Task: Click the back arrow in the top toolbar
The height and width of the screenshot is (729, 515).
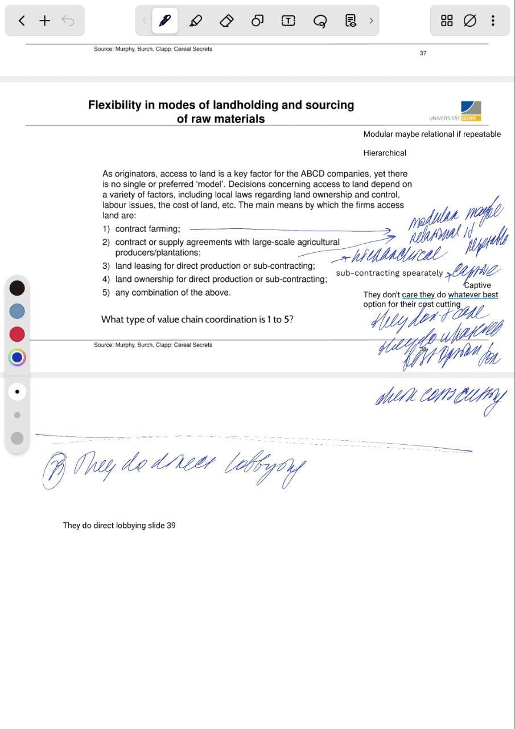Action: [22, 21]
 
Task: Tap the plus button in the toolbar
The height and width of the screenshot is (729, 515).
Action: [45, 21]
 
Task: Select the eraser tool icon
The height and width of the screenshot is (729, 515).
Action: [226, 21]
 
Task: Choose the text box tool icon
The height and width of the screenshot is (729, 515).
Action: [289, 21]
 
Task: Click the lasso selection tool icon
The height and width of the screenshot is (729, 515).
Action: [320, 21]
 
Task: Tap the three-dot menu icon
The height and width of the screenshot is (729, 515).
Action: [493, 21]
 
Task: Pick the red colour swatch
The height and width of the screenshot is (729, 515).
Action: [17, 334]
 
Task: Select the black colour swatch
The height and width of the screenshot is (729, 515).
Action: [17, 288]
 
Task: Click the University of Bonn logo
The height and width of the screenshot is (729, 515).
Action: [471, 110]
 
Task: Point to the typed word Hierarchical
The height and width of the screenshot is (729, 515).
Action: [385, 153]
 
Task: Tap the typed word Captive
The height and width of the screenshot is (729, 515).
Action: [477, 285]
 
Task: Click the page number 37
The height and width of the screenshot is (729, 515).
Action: [423, 53]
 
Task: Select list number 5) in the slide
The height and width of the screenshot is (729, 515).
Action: [106, 293]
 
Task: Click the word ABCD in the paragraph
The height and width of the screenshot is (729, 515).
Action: [312, 174]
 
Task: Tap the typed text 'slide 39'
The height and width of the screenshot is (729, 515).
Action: [162, 525]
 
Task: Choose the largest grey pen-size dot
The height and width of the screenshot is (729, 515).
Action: [17, 438]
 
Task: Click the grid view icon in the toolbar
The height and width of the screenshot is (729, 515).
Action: [447, 21]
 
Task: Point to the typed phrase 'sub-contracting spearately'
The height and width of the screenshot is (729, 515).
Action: [389, 273]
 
